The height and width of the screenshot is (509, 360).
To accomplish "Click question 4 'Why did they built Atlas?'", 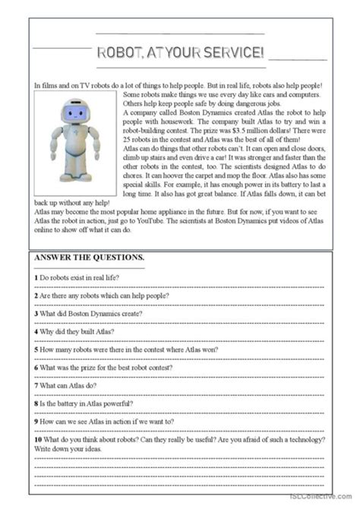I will pos(79,330).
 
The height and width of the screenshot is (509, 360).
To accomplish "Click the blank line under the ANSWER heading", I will pos(89,266).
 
